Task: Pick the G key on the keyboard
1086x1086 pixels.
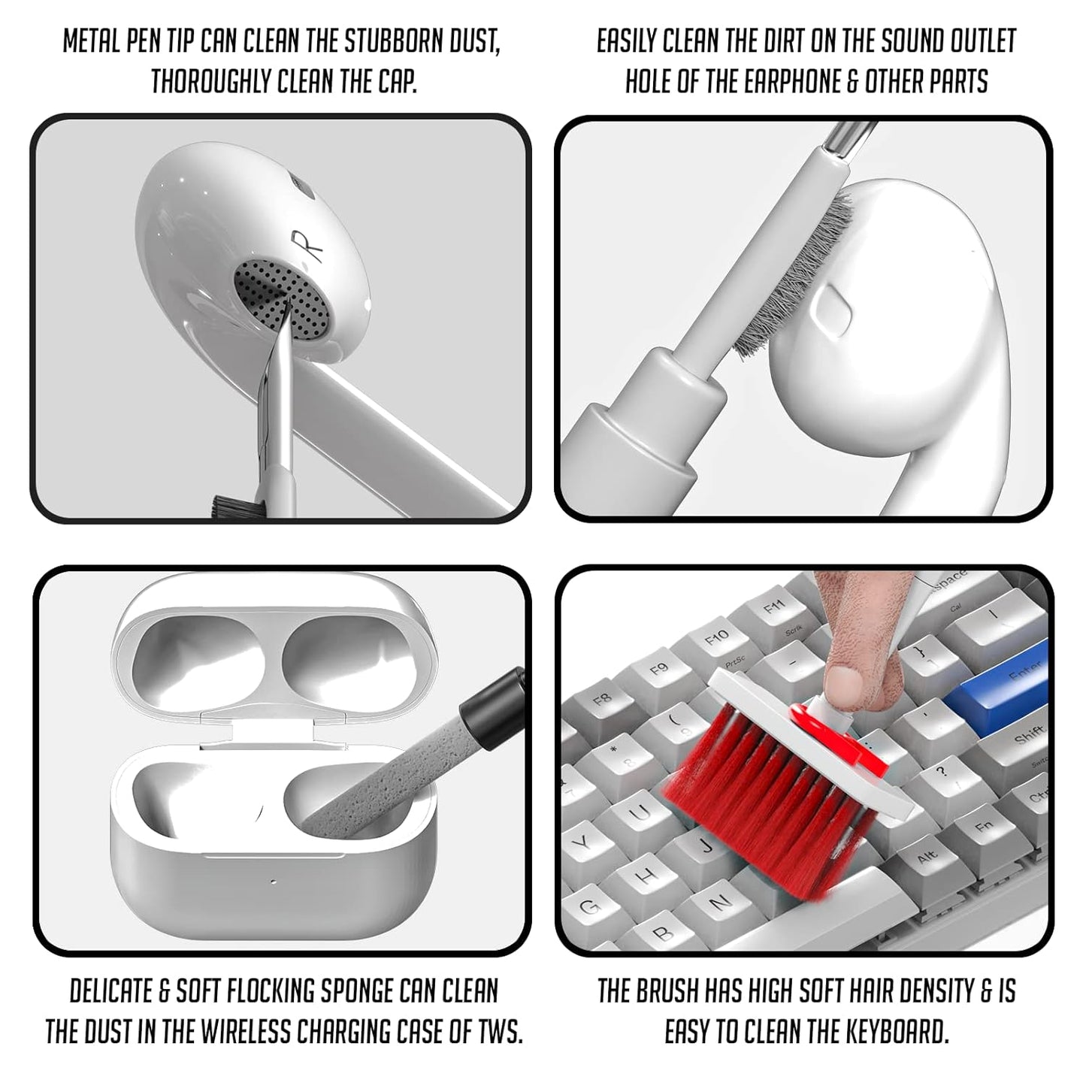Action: pos(591,906)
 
